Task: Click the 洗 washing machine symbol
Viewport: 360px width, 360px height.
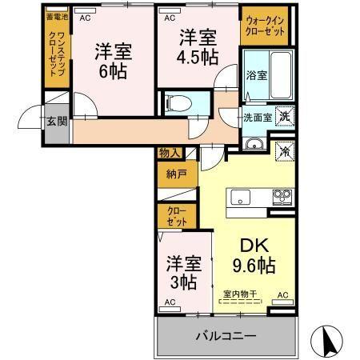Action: (285, 115)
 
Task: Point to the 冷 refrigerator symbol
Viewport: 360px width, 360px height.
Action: (284, 150)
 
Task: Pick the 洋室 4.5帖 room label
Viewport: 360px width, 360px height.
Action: (196, 47)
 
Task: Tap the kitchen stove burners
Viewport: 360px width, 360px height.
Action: (282, 194)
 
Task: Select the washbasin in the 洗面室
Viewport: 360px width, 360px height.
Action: (255, 143)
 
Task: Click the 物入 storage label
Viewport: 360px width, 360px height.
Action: (170, 152)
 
